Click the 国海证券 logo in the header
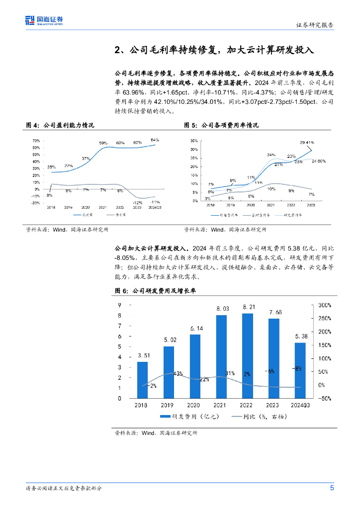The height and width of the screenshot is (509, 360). pyautogui.click(x=44, y=20)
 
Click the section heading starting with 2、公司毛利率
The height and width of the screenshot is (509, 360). pyautogui.click(x=214, y=50)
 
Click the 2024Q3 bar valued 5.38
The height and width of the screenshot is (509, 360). pyautogui.click(x=300, y=370)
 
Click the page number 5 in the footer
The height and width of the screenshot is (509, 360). pyautogui.click(x=332, y=488)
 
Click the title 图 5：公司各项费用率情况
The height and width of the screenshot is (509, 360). pyautogui.click(x=221, y=125)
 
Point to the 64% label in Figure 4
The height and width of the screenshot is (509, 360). pyautogui.click(x=155, y=140)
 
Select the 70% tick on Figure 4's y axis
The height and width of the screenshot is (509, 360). pyautogui.click(x=36, y=141)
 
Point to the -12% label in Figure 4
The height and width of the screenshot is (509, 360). pyautogui.click(x=138, y=202)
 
